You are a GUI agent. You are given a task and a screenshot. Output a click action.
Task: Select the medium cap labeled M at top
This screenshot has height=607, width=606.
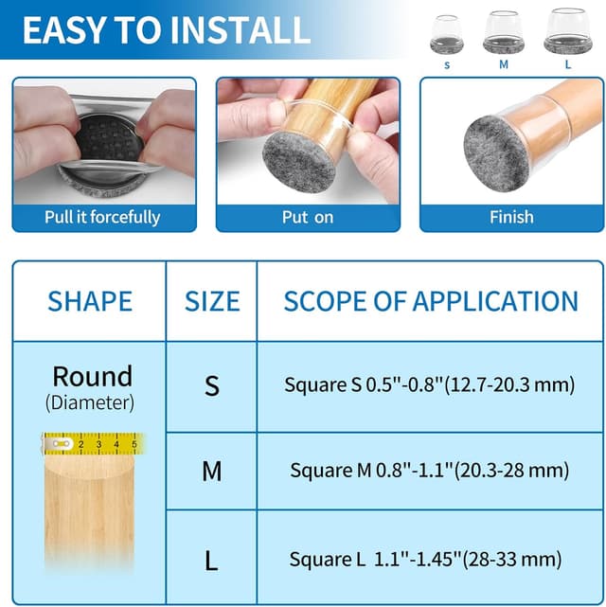503,32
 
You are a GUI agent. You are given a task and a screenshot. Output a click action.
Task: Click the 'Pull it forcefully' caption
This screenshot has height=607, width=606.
102,217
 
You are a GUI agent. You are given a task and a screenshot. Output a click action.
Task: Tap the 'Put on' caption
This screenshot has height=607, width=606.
308,217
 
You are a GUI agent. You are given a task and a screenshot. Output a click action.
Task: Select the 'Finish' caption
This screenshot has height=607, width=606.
511,217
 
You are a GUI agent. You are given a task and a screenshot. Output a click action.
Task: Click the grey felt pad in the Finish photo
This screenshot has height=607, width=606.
496,153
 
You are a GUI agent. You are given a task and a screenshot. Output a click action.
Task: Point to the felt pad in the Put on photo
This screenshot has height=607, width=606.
299,162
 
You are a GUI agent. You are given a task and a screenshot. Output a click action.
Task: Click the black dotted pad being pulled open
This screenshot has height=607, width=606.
110,137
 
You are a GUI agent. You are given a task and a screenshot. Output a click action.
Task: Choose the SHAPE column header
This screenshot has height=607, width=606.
90,301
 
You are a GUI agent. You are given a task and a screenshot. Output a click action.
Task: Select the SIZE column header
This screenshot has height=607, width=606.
212,301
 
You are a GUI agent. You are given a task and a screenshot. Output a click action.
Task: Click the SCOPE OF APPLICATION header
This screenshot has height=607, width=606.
431,301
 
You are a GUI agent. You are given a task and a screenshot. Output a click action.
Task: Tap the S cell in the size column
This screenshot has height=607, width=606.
212,385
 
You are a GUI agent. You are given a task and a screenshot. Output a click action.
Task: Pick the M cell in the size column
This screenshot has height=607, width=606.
212,471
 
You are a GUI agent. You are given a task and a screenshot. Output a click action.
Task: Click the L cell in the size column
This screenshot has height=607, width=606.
211,561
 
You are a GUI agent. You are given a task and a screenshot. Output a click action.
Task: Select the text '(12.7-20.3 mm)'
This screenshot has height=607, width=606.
509,385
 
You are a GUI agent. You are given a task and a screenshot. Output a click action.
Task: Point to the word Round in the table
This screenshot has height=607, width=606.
93,376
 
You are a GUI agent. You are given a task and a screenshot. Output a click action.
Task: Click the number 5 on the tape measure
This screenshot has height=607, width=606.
134,444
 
